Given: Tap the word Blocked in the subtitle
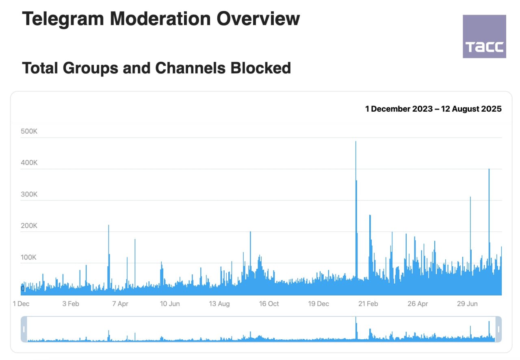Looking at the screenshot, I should pyautogui.click(x=261, y=68).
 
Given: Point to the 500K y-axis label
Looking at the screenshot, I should pyautogui.click(x=29, y=131).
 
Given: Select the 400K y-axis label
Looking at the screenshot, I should pyautogui.click(x=29, y=163).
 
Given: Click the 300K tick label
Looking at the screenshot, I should pyautogui.click(x=29, y=194).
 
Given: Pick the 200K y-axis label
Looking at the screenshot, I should pyautogui.click(x=29, y=226).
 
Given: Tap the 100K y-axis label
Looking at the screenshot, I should pyautogui.click(x=29, y=257).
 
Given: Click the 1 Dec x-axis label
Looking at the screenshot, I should pyautogui.click(x=21, y=304).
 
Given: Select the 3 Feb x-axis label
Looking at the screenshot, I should pyautogui.click(x=71, y=304).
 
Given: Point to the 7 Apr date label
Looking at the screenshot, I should pyautogui.click(x=120, y=304).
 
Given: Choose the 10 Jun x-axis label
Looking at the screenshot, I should pyautogui.click(x=170, y=304).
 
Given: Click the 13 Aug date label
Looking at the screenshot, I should pyautogui.click(x=219, y=304).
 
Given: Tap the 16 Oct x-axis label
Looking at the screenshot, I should pyautogui.click(x=269, y=304).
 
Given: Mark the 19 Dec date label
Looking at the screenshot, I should pyautogui.click(x=318, y=304).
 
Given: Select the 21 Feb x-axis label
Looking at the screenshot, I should pyautogui.click(x=368, y=304).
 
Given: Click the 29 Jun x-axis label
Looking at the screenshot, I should pyautogui.click(x=467, y=304).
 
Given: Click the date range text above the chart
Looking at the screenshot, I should pyautogui.click(x=433, y=109).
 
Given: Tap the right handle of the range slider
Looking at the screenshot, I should pyautogui.click(x=498, y=329).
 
